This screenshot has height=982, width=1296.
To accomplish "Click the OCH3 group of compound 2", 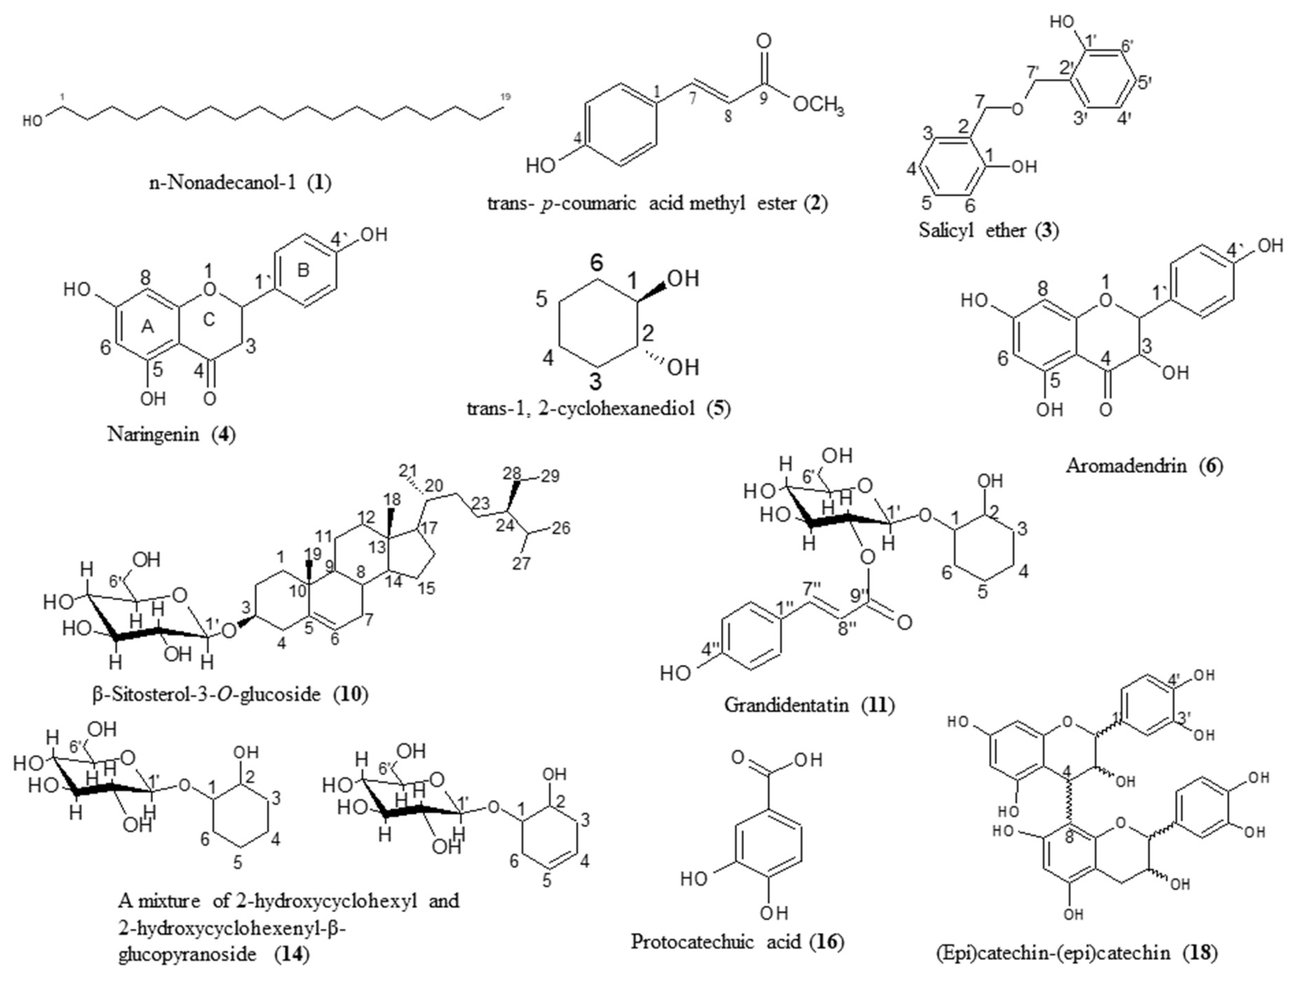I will click(818, 107).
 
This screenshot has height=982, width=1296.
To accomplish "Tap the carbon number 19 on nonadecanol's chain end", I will click(505, 97).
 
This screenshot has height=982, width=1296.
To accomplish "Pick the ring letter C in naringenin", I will click(209, 319).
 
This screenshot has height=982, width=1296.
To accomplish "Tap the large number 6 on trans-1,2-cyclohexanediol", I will click(596, 264).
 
